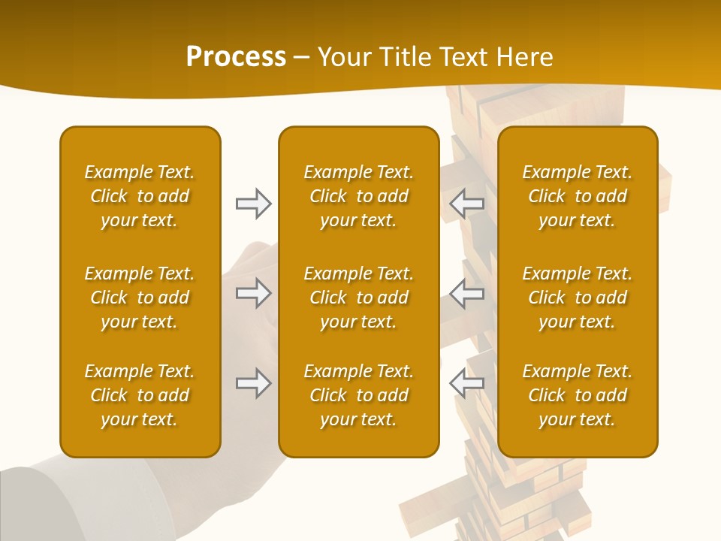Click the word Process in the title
[236, 57]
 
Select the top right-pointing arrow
[253, 204]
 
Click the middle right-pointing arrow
[253, 293]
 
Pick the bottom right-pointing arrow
[253, 383]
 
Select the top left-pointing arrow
[466, 204]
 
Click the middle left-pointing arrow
[466, 293]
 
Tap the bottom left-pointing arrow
[466, 383]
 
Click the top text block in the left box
[140, 196]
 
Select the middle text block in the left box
[140, 298]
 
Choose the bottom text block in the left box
[140, 395]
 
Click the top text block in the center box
[359, 196]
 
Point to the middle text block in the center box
[359, 298]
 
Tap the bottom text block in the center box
[359, 395]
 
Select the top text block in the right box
[578, 196]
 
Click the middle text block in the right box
[578, 298]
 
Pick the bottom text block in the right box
[578, 395]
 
